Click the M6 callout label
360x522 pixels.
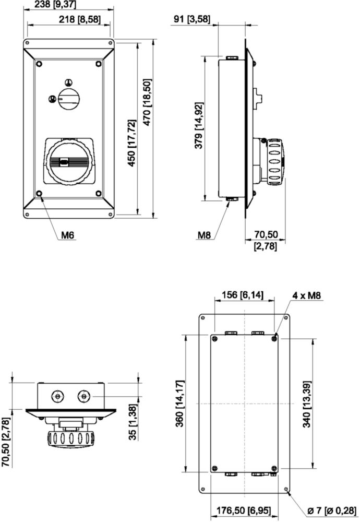67,235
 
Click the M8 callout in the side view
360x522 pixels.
205,235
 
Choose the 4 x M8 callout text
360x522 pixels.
307,295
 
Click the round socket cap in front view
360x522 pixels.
68,163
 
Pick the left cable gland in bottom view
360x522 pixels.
58,396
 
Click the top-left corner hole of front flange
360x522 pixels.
27,43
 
